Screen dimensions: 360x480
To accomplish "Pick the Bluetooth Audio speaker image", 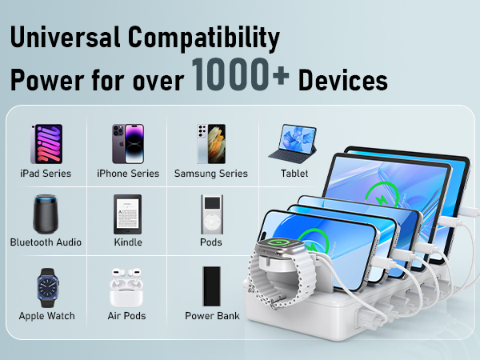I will (x=46, y=214).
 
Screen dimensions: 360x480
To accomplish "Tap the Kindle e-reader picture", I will (x=127, y=214).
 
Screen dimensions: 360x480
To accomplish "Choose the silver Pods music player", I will (x=210, y=214).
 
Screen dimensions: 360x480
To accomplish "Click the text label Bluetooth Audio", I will (x=46, y=242).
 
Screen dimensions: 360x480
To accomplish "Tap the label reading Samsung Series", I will (x=211, y=174).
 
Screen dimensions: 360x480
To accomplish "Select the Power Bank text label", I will (x=212, y=316).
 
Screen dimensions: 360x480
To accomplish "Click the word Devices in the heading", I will (x=343, y=81).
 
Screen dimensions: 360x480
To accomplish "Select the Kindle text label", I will (x=128, y=242).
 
